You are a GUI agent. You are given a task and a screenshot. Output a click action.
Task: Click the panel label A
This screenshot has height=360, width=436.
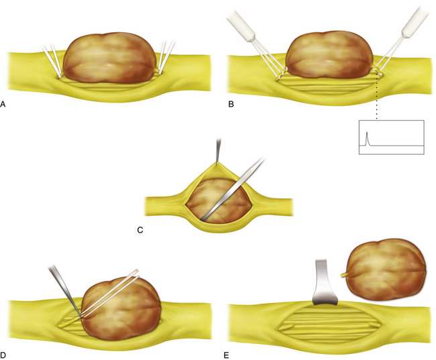3,105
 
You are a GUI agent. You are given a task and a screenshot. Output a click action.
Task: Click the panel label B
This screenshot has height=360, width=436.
231,105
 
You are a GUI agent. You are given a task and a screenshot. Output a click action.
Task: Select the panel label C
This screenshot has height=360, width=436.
140,230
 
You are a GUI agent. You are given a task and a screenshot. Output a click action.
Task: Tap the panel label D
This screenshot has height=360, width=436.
3,355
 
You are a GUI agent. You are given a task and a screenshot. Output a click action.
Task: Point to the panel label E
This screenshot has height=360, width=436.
226,355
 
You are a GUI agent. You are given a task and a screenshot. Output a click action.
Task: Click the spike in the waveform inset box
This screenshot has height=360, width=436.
367,138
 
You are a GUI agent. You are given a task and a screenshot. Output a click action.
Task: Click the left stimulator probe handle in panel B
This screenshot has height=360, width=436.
241,26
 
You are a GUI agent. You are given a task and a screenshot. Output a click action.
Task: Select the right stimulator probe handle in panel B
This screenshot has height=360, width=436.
415,21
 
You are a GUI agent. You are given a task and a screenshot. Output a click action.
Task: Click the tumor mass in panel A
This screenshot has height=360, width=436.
109,58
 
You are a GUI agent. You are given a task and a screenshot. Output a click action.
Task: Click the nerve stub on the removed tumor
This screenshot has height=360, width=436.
345,275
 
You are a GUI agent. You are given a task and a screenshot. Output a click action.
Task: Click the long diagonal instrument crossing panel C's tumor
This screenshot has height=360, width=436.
233,189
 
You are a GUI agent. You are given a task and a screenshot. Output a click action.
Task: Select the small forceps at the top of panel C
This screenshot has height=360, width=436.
218,150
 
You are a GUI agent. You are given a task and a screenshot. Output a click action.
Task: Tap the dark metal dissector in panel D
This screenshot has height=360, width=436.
65,290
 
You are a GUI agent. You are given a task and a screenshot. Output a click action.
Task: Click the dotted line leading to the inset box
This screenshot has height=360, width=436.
377,95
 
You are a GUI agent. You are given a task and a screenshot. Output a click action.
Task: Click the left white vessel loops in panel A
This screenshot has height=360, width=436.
52,60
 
